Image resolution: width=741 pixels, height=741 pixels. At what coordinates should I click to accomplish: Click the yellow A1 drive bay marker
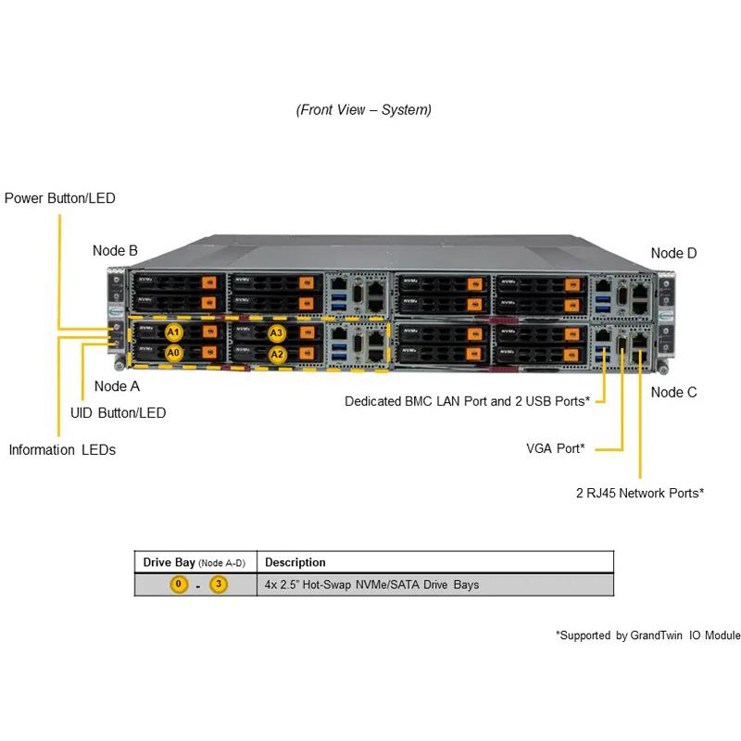click(x=173, y=333)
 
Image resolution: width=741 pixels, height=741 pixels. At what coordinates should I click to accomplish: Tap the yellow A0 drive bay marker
click(x=173, y=353)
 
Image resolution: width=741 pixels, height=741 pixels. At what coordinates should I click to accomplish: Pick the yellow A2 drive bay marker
click(x=276, y=354)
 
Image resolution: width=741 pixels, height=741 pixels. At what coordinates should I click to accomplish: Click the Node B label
click(x=115, y=250)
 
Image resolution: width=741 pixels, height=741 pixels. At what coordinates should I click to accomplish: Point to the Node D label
click(x=673, y=253)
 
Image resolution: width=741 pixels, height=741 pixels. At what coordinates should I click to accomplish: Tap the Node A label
click(x=117, y=386)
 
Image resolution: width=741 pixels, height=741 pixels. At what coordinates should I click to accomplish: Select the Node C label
click(x=673, y=392)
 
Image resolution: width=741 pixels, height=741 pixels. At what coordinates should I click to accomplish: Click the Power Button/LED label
click(x=60, y=198)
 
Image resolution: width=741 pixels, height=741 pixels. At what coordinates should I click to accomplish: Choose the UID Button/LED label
click(x=119, y=413)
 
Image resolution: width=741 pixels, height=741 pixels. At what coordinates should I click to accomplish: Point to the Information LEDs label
click(x=62, y=450)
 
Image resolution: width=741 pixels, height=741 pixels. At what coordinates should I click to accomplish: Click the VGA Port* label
click(x=555, y=448)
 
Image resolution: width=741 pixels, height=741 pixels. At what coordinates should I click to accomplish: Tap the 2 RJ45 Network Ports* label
click(x=639, y=493)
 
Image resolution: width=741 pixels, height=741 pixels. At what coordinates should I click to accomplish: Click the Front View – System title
click(x=364, y=109)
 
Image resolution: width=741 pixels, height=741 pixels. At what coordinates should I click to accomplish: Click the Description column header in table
click(x=295, y=562)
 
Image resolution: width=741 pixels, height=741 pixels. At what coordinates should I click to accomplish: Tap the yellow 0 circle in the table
click(x=178, y=584)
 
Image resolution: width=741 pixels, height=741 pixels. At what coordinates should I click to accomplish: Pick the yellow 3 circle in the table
click(x=219, y=584)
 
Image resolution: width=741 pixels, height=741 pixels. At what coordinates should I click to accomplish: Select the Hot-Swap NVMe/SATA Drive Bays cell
click(x=371, y=584)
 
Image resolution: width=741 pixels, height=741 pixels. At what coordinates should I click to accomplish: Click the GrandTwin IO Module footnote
click(x=647, y=635)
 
